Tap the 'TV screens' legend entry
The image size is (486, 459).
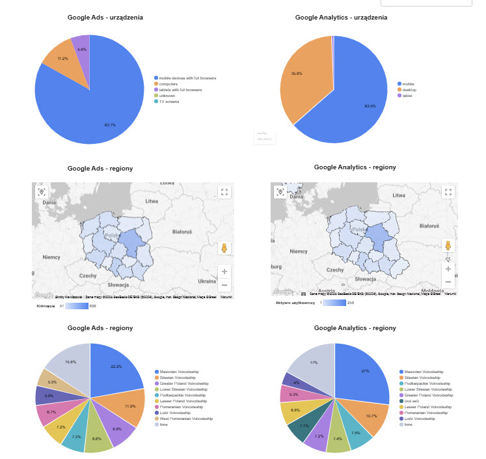point(171,102)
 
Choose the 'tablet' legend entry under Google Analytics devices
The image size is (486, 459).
point(407,96)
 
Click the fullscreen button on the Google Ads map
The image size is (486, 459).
point(224,192)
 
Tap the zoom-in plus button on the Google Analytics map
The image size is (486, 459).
point(448,268)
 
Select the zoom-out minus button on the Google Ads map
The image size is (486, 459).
point(224,285)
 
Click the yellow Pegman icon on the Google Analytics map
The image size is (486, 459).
point(448,246)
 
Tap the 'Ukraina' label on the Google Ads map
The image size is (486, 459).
point(208,281)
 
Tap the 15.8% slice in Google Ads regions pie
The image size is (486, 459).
point(68,363)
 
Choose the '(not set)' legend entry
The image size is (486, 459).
point(411,400)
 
